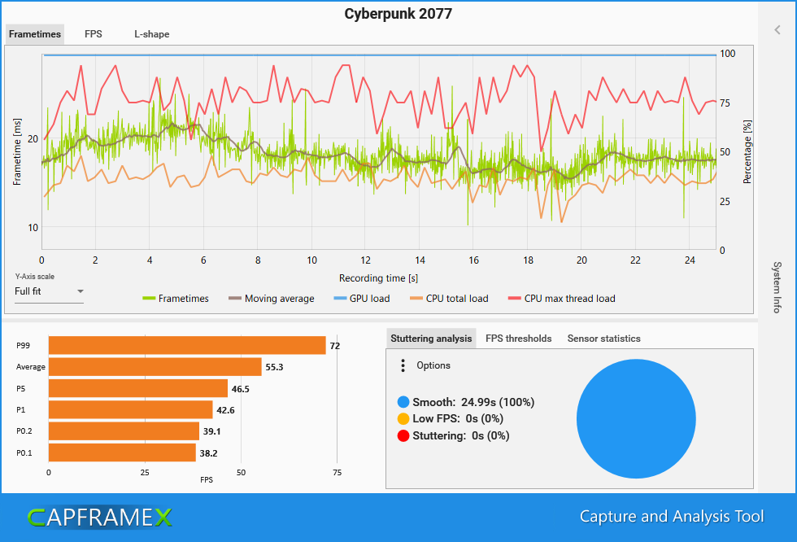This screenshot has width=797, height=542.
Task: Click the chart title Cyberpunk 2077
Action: (x=398, y=14)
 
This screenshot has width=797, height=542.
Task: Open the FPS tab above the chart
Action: (x=93, y=34)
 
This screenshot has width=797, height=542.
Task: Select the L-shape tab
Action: (x=152, y=34)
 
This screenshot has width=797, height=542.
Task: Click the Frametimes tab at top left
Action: (x=34, y=34)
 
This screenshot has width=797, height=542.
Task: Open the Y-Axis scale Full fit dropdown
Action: (x=49, y=291)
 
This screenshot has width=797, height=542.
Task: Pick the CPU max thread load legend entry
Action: (x=560, y=299)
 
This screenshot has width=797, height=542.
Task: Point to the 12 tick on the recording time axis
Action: (x=365, y=260)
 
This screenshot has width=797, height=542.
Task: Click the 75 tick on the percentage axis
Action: (x=726, y=103)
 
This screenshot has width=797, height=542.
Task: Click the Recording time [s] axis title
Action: (x=380, y=278)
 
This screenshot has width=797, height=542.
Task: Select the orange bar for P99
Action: (x=187, y=346)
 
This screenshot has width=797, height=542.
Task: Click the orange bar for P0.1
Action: (x=122, y=452)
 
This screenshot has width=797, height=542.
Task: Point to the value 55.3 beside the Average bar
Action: (x=276, y=368)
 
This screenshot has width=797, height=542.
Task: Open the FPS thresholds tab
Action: (x=518, y=339)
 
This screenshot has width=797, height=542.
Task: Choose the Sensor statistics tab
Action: (x=603, y=339)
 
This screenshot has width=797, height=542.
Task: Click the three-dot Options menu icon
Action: (x=403, y=365)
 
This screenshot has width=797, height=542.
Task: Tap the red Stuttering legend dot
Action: (x=403, y=435)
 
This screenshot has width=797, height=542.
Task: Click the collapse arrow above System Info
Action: (x=777, y=30)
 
